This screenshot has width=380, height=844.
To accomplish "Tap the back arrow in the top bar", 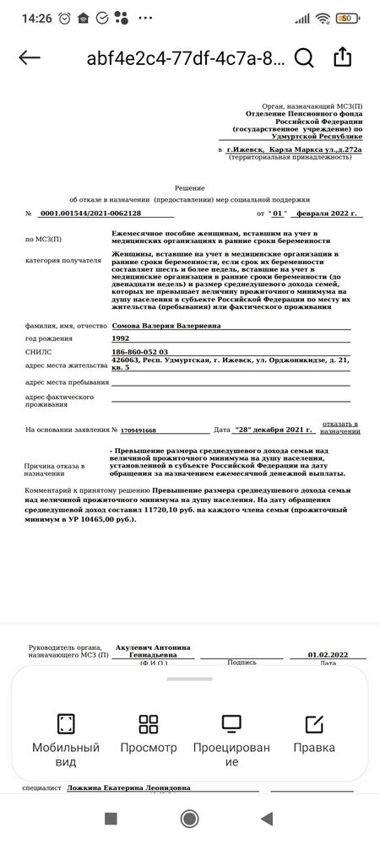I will [30, 57].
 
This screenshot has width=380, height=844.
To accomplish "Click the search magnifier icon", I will [304, 57].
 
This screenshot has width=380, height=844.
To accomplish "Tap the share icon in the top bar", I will [342, 57].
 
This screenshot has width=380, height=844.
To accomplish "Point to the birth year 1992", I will [121, 338].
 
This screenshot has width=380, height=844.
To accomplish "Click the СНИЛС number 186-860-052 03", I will [140, 351].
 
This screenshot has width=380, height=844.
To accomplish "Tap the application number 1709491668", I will [138, 430].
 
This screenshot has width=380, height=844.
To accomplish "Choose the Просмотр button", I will [149, 734].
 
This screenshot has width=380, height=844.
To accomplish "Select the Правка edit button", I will [314, 734].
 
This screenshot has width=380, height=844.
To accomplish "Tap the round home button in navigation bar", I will [190, 818].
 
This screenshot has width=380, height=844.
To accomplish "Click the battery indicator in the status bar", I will [345, 19].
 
